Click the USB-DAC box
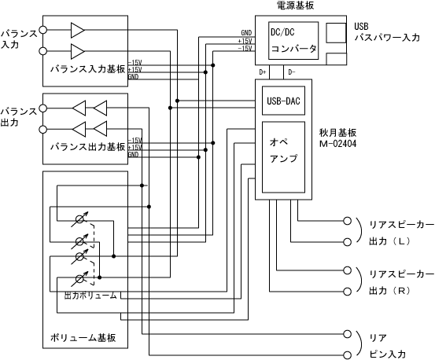tap(283, 101)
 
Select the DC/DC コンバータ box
tap(293, 41)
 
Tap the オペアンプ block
tap(283, 157)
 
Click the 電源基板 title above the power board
tap(296, 6)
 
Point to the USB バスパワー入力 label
tap(387, 32)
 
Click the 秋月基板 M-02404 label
tap(338, 138)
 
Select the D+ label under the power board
tap(263, 72)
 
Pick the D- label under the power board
tap(292, 72)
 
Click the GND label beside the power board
tap(246, 33)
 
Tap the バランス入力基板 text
tap(87, 69)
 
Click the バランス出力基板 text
tap(87, 147)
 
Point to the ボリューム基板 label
tap(83, 338)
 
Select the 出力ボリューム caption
tap(90, 296)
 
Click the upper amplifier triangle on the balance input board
tap(78, 30)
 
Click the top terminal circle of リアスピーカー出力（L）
tap(348, 221)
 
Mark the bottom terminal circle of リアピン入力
tap(348, 355)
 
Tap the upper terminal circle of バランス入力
tap(42, 30)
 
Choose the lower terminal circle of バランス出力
tap(42, 130)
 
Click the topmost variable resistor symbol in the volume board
tap(80, 219)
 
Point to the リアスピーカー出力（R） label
tap(401, 282)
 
